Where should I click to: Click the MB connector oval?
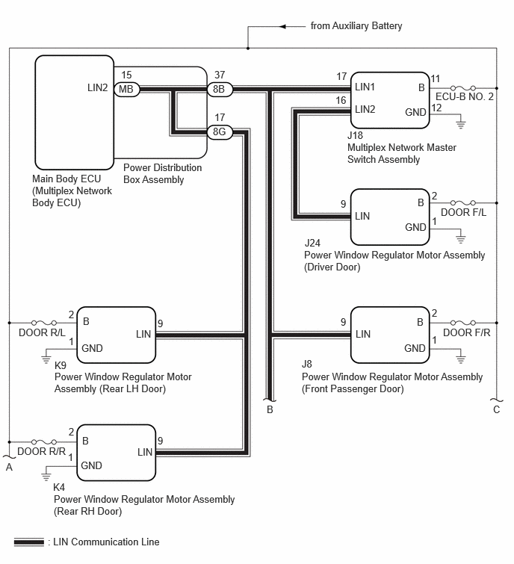(x=126, y=89)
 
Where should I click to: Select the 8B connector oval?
(x=220, y=89)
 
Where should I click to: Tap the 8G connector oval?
(x=220, y=132)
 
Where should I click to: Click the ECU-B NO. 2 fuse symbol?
(x=463, y=87)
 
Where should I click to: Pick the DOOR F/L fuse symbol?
(x=463, y=203)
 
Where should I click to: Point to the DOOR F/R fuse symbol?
(x=463, y=323)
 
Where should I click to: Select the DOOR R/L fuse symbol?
(x=44, y=323)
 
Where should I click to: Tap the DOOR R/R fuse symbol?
(x=44, y=441)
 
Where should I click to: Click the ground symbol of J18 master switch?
(x=461, y=125)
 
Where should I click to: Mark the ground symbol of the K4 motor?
(x=46, y=477)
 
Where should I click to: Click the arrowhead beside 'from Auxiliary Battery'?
(x=282, y=26)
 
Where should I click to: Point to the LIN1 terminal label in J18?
(x=365, y=87)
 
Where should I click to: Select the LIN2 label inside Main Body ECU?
(x=97, y=87)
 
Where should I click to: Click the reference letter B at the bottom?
(x=270, y=409)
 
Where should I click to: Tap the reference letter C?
(x=496, y=409)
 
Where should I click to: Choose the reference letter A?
(x=9, y=467)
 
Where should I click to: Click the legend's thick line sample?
(x=29, y=542)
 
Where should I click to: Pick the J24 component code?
(x=312, y=243)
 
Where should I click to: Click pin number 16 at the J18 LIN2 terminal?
(x=341, y=100)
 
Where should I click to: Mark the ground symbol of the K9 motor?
(x=46, y=359)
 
